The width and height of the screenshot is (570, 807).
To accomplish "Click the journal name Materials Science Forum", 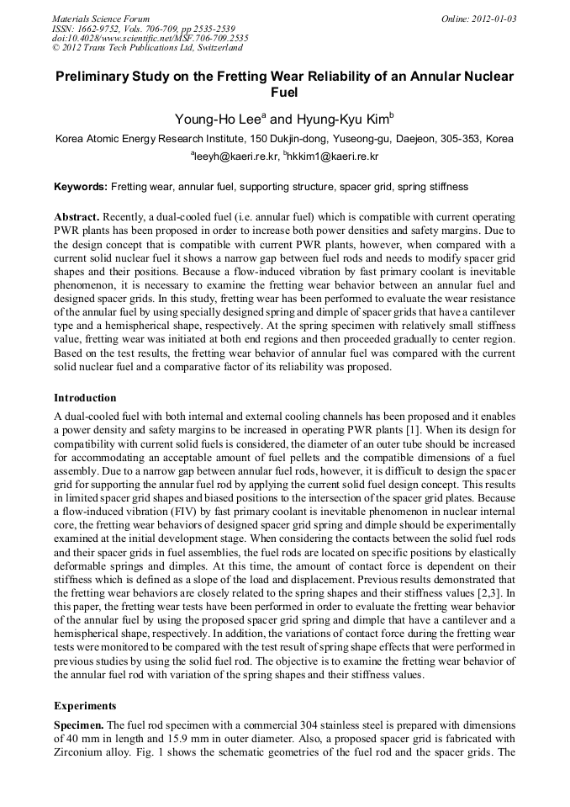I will [x=101, y=19].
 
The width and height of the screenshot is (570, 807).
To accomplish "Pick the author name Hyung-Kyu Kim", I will [x=346, y=119].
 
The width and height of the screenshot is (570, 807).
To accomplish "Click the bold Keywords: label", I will [x=81, y=186].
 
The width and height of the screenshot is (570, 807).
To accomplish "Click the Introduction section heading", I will [x=85, y=397].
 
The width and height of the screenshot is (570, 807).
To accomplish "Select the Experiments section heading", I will [x=86, y=705].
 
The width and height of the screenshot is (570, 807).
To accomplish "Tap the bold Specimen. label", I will [x=79, y=725].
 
